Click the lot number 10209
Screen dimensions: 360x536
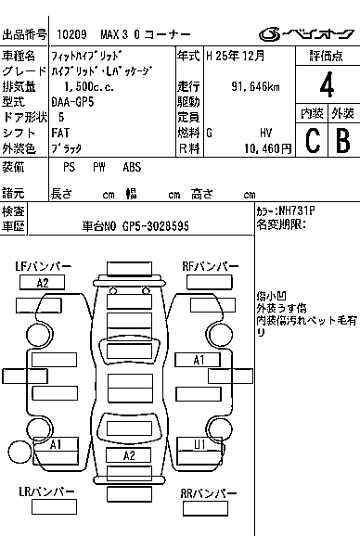71,34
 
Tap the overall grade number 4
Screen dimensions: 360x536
327,84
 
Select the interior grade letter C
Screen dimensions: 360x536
313,140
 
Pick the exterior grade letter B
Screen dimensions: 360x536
343,140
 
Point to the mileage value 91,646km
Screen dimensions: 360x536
255,86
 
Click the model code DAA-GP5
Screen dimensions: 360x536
72,102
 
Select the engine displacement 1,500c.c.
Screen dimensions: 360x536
89,86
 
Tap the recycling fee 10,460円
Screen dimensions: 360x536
268,148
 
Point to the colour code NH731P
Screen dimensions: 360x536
297,211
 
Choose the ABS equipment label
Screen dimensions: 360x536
132,167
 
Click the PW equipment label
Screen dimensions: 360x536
99,167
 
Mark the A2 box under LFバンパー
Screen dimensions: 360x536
43,283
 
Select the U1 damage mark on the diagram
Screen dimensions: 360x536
199,444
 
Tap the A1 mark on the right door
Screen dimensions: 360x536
199,360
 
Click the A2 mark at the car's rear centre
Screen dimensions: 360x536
129,455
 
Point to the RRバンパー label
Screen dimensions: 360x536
209,493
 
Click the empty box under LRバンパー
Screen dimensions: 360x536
55,506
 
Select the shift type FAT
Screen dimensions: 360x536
60,133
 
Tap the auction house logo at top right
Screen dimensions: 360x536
306,34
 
